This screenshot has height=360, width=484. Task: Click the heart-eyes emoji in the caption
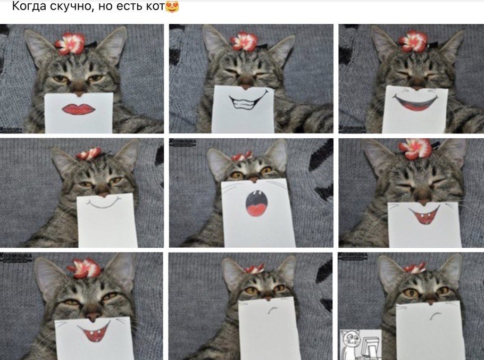click(x=172, y=7)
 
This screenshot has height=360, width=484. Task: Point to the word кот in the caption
click(x=155, y=7)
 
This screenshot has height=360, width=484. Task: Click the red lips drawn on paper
click(x=79, y=108)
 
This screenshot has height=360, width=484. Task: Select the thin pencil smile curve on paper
click(x=105, y=203)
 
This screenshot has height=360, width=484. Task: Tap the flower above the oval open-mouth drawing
click(x=241, y=156)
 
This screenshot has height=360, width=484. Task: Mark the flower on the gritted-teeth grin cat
click(x=244, y=41)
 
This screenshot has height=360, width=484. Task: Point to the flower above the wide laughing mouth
click(x=414, y=40)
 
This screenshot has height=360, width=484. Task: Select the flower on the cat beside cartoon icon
click(x=414, y=267)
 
